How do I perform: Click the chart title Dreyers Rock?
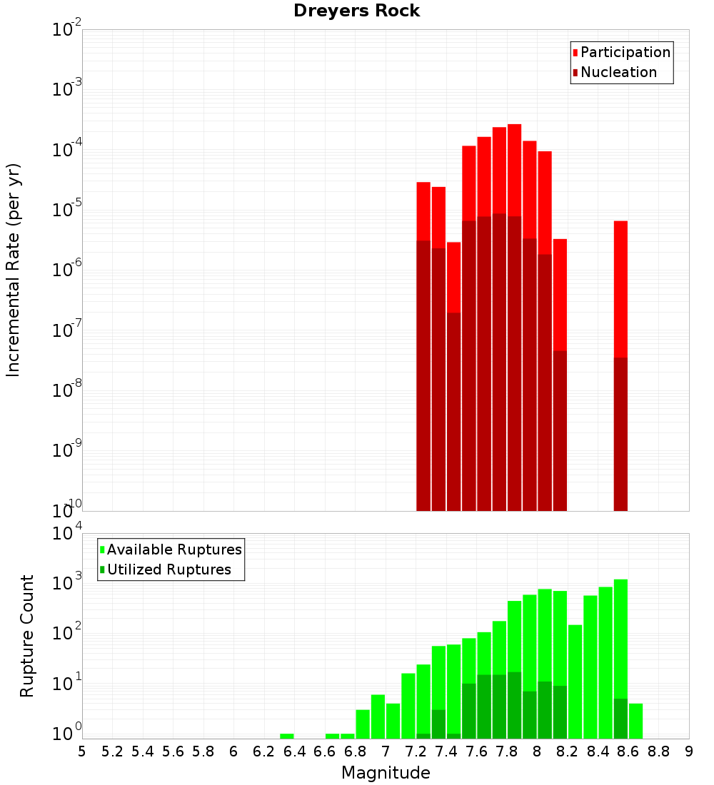point(356,11)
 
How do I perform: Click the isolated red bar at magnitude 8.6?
point(620,285)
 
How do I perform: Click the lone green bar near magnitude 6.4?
point(287,736)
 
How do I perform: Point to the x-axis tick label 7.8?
point(507,751)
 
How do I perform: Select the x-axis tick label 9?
point(689,751)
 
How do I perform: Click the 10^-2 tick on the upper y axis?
point(67,31)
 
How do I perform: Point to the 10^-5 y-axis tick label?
point(67,210)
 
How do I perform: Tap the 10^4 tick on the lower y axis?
point(67,535)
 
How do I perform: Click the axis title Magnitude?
point(386,773)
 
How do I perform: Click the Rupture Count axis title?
point(26,635)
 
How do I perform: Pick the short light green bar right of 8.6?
point(635,721)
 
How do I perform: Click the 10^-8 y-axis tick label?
point(67,390)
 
